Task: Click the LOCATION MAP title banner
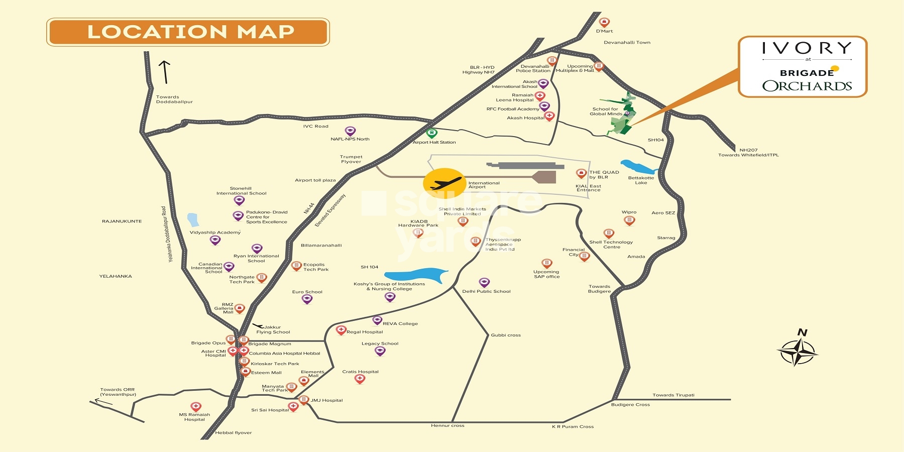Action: point(188,32)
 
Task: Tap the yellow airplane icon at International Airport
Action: point(444,183)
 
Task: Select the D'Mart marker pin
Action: point(604,22)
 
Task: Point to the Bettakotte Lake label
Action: point(641,180)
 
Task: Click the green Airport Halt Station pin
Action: point(431,133)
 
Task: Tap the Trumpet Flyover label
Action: point(351,159)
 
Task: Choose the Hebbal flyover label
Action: point(234,432)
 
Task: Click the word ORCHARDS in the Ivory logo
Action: point(807,86)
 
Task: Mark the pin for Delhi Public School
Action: point(484,282)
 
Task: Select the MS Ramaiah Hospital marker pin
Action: point(196,406)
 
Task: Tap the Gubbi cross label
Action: point(506,335)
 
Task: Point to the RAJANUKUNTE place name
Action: point(122,221)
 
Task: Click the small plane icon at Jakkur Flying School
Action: point(258,326)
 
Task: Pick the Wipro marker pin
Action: point(629,220)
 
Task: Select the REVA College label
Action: point(400,323)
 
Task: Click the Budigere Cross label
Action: point(630,404)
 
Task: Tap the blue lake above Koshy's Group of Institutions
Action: point(415,275)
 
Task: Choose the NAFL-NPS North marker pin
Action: point(350,131)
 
